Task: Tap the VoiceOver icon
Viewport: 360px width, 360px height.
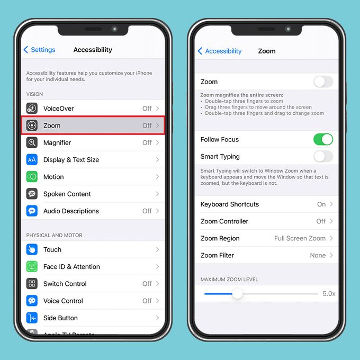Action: point(32,109)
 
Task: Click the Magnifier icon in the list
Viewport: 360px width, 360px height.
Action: point(32,142)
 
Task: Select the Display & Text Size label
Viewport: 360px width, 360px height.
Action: point(71,160)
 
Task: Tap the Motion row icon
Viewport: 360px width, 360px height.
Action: point(32,177)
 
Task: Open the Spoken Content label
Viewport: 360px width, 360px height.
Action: point(67,194)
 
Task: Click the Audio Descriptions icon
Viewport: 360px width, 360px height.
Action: point(32,211)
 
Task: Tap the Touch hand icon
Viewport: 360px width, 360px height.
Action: point(32,249)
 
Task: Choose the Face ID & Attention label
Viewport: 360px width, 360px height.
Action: point(71,267)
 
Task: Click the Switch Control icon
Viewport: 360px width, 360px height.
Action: point(32,284)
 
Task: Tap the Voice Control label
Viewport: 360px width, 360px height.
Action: point(63,301)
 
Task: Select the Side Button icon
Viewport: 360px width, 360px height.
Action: point(32,318)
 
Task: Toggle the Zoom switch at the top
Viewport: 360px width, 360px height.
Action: point(323,82)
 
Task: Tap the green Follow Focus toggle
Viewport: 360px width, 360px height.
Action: point(323,139)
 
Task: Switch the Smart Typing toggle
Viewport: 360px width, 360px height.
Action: point(323,156)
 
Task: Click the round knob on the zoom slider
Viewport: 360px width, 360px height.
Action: point(237,293)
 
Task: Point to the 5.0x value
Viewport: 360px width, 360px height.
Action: point(329,293)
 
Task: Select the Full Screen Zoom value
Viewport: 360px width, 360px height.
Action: point(300,238)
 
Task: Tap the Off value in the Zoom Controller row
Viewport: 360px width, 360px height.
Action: point(321,221)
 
